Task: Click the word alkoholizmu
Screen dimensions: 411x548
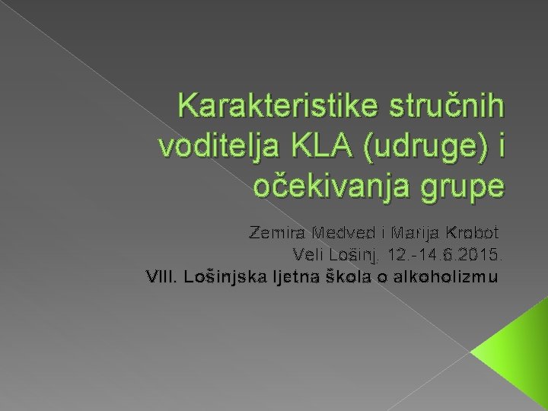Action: (x=443, y=276)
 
